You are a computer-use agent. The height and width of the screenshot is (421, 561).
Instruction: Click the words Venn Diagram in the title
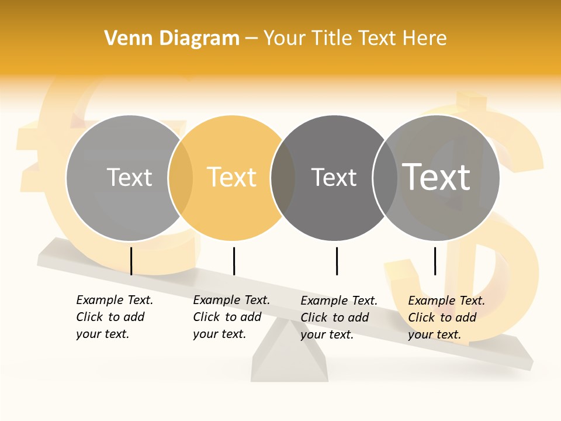[x=172, y=39]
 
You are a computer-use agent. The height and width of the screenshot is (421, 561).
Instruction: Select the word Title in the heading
[x=333, y=39]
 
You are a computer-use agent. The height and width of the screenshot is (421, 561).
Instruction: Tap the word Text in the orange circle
[x=232, y=177]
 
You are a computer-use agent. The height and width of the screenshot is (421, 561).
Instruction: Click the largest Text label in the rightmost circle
[x=437, y=177]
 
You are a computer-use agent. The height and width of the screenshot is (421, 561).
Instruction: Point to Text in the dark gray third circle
[x=334, y=177]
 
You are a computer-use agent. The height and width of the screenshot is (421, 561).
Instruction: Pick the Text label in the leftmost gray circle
[x=129, y=177]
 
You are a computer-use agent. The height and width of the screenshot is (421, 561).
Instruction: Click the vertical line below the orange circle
[x=234, y=261]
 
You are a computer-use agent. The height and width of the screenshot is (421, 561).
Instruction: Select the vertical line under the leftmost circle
[x=131, y=261]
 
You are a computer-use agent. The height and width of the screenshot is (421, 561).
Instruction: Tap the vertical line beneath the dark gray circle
[x=337, y=261]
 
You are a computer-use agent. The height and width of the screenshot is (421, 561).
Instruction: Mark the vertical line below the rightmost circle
[x=435, y=261]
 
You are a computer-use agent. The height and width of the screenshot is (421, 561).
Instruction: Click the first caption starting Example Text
[x=114, y=317]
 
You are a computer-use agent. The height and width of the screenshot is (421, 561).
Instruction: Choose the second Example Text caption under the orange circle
[x=231, y=317]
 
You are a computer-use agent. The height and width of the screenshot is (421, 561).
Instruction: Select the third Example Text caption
[x=338, y=318]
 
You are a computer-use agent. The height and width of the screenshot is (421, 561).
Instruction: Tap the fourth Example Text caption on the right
[x=446, y=318]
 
